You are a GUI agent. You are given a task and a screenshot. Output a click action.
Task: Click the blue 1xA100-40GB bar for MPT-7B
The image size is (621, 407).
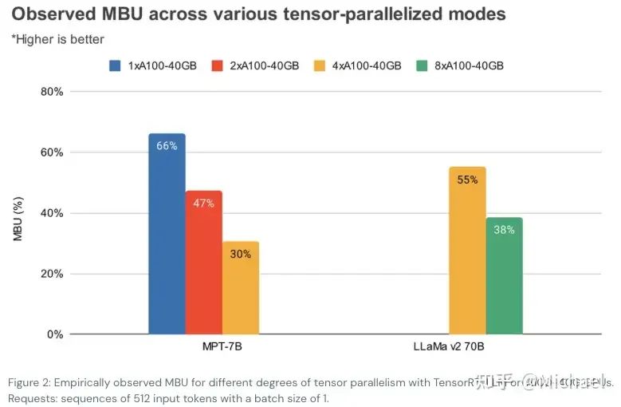point(167,239)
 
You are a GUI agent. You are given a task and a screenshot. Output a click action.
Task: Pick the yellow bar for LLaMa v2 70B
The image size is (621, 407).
point(467,255)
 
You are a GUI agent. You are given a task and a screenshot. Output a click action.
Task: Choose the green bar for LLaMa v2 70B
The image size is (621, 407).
point(504,279)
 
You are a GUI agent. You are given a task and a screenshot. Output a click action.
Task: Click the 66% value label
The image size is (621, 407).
point(167,145)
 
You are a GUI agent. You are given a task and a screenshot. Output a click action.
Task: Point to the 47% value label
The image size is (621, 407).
point(203,203)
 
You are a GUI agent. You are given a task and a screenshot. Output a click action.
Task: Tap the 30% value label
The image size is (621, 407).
point(241,254)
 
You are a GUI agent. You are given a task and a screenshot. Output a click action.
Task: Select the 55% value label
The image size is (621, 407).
point(467,180)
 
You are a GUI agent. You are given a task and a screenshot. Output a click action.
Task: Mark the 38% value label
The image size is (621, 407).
point(504,230)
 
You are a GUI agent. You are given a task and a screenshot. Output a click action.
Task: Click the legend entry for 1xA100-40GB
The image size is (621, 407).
point(156,65)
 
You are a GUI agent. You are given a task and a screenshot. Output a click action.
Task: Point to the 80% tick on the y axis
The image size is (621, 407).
point(51,92)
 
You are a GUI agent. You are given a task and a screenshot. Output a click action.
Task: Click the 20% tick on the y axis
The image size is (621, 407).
point(51,274)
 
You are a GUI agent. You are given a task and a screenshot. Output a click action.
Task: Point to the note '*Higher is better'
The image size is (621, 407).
point(57,39)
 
